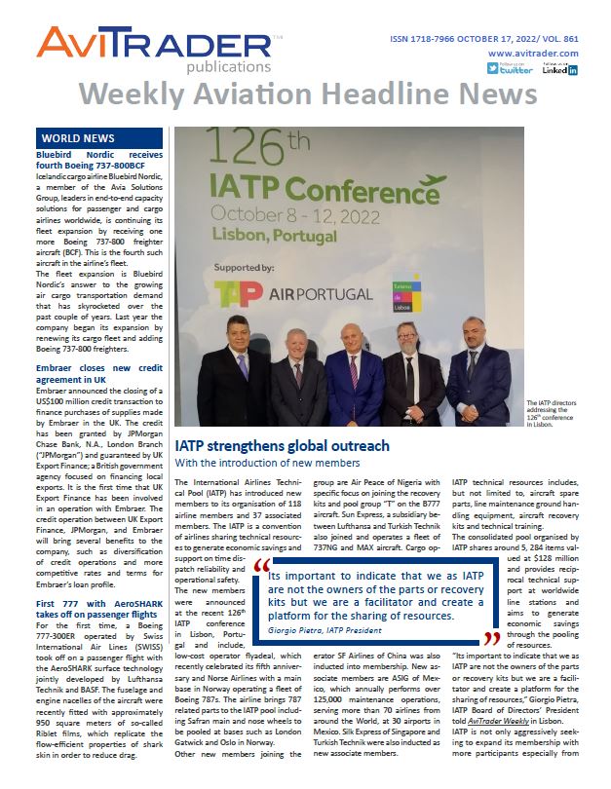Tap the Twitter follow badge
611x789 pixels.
point(510,68)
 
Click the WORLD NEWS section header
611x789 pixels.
point(78,138)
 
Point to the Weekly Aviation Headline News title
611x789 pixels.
point(307,94)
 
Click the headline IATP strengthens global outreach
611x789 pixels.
point(282,446)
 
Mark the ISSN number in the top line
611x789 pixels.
point(422,39)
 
